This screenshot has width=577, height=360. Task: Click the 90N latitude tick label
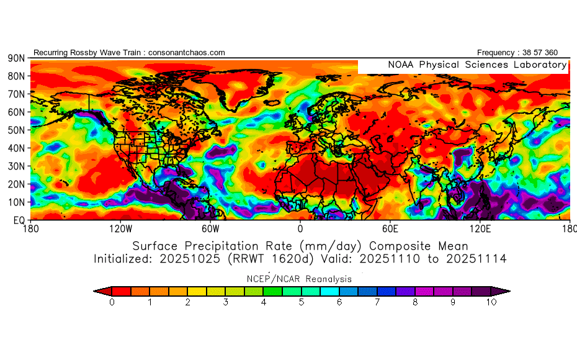click(x=16, y=58)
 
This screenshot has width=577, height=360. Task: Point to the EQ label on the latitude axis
click(x=18, y=220)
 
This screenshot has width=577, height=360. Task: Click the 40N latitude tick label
click(x=16, y=148)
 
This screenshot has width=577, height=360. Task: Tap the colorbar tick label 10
click(x=491, y=303)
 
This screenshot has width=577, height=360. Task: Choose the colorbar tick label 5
click(x=302, y=303)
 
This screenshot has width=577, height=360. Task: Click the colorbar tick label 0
click(x=112, y=303)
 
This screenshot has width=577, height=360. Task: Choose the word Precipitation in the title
click(x=228, y=245)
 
